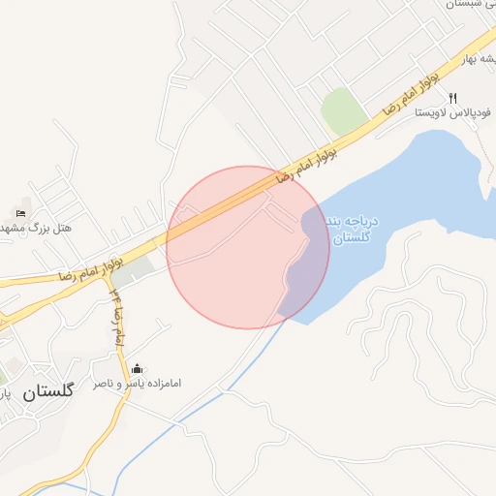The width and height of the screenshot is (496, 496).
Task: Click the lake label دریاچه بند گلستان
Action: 353,231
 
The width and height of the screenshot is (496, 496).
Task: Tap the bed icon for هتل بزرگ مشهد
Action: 21,213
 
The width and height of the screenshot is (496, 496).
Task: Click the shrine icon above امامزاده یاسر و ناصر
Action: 137,369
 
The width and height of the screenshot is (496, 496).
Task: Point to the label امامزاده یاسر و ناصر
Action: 137,385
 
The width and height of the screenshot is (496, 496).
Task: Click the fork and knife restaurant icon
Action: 452,98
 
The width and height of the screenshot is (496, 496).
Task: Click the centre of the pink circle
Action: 248,247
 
